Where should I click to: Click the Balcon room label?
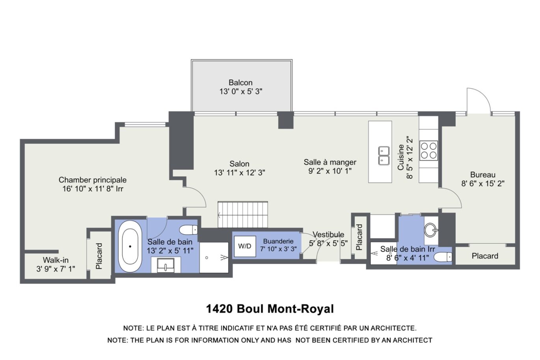coord(240,83)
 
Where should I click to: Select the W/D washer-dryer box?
coord(245,246)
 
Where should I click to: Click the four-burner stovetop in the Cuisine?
coord(428,151)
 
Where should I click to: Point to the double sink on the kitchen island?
coord(384,156)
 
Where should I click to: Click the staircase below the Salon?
coord(243,215)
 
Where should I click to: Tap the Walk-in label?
coord(56,260)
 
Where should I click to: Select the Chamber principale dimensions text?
coord(93,189)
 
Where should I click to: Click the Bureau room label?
coord(483,175)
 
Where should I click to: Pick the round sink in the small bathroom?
coord(431,230)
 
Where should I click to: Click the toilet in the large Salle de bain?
coord(188,230)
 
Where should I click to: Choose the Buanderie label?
coord(278,241)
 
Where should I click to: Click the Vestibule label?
coord(328,234)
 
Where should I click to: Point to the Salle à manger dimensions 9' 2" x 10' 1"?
coord(330,171)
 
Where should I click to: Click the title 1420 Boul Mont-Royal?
coord(270,309)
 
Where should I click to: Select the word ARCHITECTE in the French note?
coord(393,328)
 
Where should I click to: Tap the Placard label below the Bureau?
coord(485,256)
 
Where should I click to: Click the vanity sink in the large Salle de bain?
coord(166,265)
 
